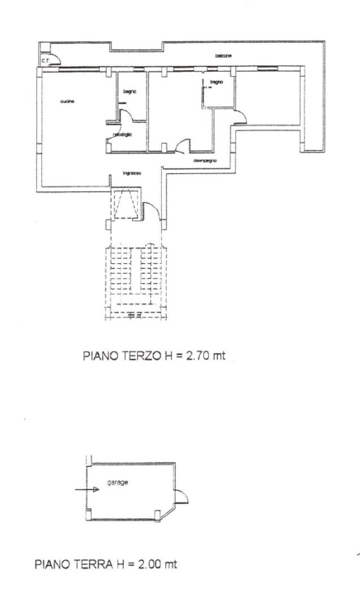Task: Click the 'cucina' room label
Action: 68,101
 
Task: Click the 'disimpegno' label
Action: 205,161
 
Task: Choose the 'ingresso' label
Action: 132,173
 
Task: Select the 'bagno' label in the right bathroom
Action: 212,82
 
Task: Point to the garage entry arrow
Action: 85,489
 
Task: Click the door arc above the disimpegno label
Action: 179,147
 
